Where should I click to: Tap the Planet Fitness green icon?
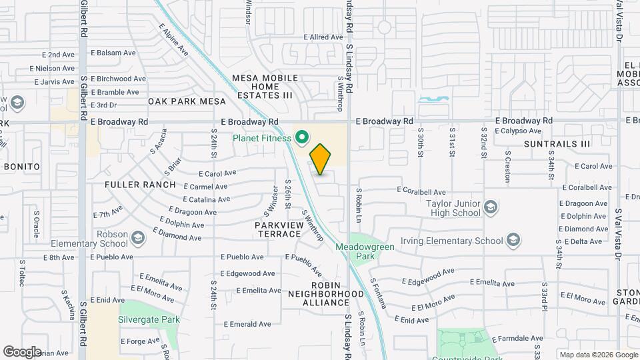point(301,138)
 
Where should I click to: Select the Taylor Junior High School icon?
point(491,207)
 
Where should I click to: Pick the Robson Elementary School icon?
point(138,238)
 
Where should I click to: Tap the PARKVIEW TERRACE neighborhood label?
point(278,229)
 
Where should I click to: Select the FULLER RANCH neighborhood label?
point(140,185)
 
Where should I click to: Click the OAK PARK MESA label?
point(187,101)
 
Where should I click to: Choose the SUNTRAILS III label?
point(557,143)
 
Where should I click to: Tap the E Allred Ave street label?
point(323,37)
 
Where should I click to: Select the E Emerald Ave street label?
point(247,324)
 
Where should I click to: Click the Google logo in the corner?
point(22,352)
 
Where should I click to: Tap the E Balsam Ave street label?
point(113,52)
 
